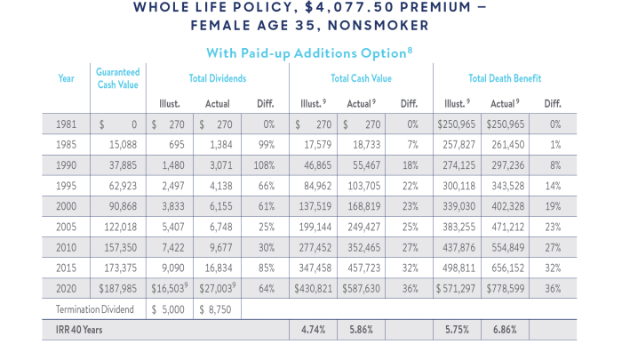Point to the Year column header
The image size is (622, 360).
click(x=66, y=78)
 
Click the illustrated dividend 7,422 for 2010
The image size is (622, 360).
click(x=171, y=247)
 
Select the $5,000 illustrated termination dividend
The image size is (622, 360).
click(x=168, y=309)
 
